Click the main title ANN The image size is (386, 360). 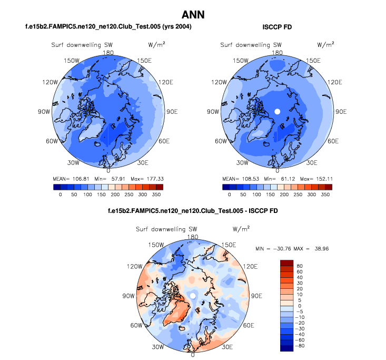(193, 14)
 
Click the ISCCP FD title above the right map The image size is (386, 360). (277, 26)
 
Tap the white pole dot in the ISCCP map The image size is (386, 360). (278, 111)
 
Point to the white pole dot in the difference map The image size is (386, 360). (193, 296)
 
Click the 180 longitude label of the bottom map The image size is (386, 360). (193, 237)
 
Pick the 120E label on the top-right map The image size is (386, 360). (334, 83)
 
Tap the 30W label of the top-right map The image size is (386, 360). (242, 162)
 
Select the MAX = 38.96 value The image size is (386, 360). (315, 248)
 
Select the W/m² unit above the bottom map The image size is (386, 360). (241, 229)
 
